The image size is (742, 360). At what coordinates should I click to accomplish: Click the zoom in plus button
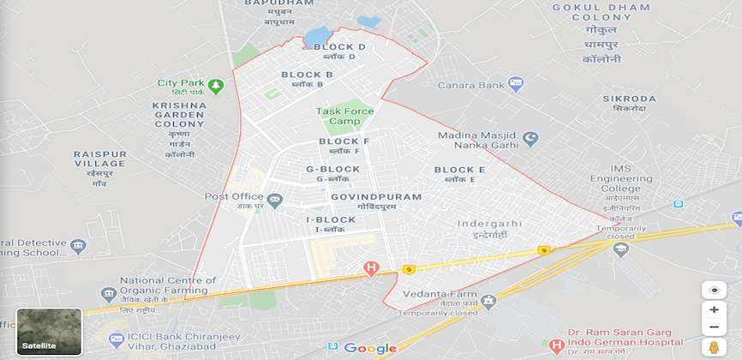tap(713, 309)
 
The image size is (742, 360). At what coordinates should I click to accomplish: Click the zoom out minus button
tap(713, 327)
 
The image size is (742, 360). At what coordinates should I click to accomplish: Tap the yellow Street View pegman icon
tap(713, 347)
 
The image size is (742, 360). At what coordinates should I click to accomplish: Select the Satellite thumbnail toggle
tap(49, 332)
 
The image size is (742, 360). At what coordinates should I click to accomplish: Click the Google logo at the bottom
tap(370, 348)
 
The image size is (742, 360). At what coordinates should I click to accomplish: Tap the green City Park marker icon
tap(215, 86)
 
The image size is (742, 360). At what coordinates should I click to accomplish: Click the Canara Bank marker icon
tap(516, 84)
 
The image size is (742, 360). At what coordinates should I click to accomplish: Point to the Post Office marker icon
tap(274, 201)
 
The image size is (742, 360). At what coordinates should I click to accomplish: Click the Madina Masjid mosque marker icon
tap(531, 136)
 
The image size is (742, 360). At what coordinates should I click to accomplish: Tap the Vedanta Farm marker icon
tap(488, 301)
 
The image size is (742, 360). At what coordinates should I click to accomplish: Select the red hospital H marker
tap(371, 269)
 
